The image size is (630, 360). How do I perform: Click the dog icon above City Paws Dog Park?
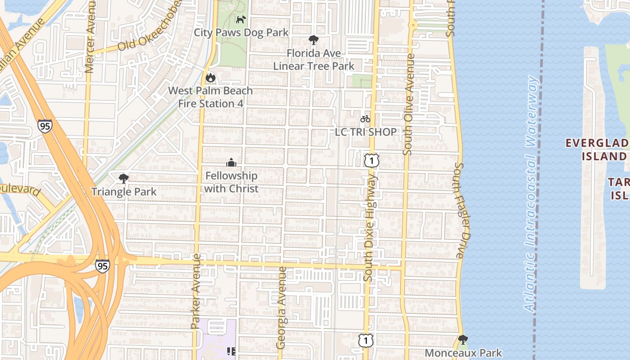242,19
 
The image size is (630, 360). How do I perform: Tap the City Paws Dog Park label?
241,32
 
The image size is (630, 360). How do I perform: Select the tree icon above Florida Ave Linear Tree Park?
314,40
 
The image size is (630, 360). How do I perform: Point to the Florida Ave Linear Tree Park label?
314,59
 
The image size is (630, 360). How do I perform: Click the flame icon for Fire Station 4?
210,77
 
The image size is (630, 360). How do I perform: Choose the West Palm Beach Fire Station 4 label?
211,97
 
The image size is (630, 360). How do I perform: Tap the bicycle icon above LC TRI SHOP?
365,119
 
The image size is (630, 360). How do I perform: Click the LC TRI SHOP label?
366,132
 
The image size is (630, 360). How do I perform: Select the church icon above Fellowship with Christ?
231,162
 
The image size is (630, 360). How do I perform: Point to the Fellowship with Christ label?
231,182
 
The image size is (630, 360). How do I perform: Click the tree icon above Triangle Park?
123,179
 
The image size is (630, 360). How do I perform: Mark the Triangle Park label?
124,192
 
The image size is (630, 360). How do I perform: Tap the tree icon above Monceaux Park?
463,340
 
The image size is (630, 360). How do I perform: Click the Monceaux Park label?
463,353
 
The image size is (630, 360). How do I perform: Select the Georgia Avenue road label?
282,308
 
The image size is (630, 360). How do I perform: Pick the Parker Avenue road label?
195,290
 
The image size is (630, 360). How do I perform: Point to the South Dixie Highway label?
369,228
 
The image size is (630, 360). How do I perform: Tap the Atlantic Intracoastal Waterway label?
531,193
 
